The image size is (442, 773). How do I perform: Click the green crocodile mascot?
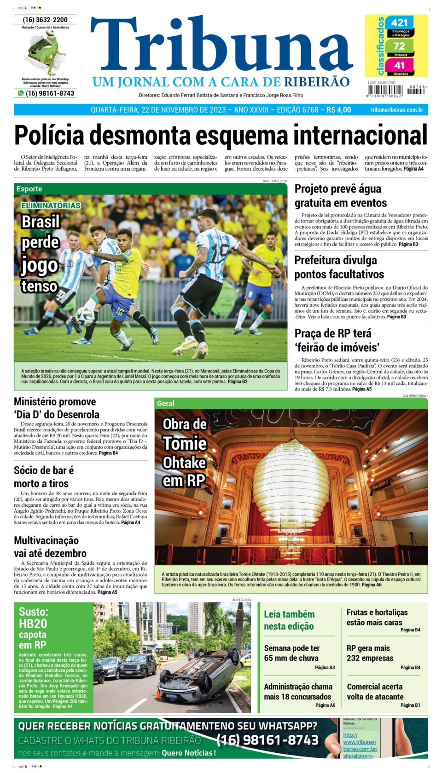tap(45, 52)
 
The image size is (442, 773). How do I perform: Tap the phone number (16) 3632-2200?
tap(45, 20)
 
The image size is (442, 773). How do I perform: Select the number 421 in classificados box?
tap(399, 23)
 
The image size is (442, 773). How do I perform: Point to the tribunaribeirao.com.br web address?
tap(396, 110)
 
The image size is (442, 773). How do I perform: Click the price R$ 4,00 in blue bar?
tap(339, 110)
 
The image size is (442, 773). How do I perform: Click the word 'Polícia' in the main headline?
tap(49, 136)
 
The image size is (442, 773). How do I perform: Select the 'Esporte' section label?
tap(29, 189)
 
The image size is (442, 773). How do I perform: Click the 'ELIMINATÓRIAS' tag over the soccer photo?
tap(51, 206)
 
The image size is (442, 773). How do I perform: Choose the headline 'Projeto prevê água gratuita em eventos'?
tap(340, 196)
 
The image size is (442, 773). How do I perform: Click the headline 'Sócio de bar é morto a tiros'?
tap(43, 477)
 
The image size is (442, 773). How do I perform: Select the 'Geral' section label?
tap(166, 403)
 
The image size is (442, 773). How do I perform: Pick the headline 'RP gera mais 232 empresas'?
tap(370, 653)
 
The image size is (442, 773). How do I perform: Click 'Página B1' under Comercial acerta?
tap(410, 705)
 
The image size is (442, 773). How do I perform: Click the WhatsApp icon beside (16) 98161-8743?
tap(20, 93)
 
